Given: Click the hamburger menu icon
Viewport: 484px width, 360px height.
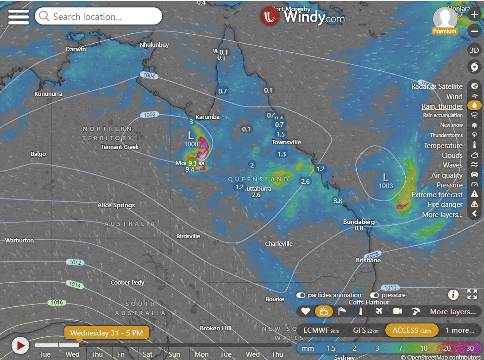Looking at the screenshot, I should pyautogui.click(x=19, y=17).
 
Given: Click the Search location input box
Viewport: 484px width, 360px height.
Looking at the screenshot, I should pyautogui.click(x=98, y=17).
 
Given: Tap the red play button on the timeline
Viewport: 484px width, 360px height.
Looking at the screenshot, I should pyautogui.click(x=20, y=345).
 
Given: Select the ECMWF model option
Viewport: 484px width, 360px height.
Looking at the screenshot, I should pyautogui.click(x=318, y=330).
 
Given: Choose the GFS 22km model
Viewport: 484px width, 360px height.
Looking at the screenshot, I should pyautogui.click(x=365, y=330).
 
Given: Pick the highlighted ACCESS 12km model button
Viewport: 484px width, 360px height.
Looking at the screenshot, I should pyautogui.click(x=412, y=330).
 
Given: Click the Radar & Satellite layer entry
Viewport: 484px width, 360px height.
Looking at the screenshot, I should pyautogui.click(x=437, y=87).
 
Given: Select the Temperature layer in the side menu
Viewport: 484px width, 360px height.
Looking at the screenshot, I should pyautogui.click(x=443, y=146).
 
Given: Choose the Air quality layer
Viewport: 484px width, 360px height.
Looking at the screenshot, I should pyautogui.click(x=446, y=175).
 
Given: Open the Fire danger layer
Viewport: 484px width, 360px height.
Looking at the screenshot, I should pyautogui.click(x=445, y=205).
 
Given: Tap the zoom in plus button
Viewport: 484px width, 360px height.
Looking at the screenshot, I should pyautogui.click(x=474, y=14).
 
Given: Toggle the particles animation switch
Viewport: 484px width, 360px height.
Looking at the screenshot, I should pyautogui.click(x=301, y=295).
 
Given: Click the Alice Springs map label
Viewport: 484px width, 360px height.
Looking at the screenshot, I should pyautogui.click(x=116, y=205).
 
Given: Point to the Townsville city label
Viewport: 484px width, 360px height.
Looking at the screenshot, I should pyautogui.click(x=286, y=142).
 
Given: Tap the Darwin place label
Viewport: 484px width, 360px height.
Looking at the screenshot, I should pyautogui.click(x=75, y=49).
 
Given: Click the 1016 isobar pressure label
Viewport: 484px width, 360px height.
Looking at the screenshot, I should pyautogui.click(x=57, y=303).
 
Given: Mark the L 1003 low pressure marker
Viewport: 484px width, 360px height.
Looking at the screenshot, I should pyautogui.click(x=386, y=180).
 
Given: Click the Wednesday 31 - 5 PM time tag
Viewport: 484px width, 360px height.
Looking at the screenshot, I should pyautogui.click(x=107, y=332).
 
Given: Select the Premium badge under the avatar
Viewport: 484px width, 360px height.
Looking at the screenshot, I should pyautogui.click(x=445, y=31).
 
